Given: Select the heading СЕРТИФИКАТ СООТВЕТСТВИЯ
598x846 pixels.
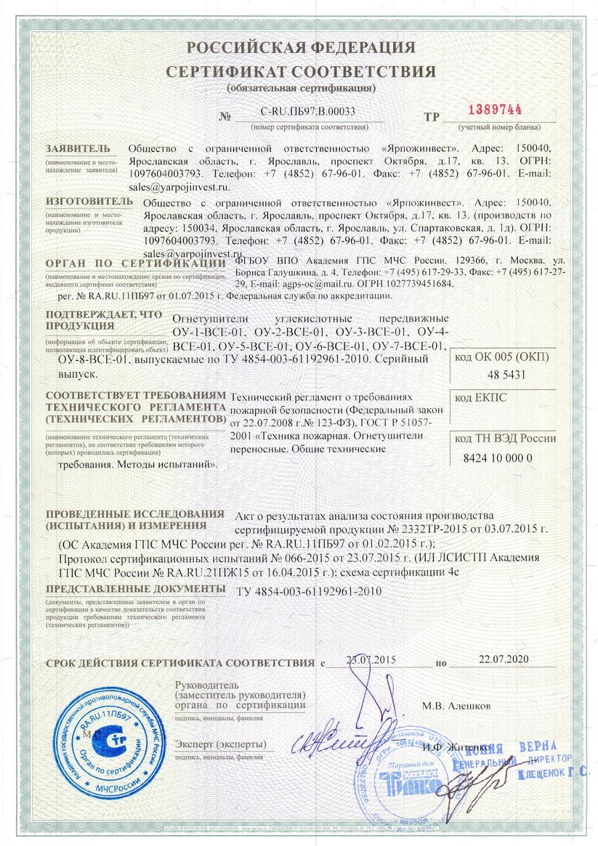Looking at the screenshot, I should point(301,72).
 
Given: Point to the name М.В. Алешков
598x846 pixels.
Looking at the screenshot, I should point(456,706).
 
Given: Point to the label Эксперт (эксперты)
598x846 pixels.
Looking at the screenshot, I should point(220,745).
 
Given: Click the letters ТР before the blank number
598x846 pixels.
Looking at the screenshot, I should point(432,116).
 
